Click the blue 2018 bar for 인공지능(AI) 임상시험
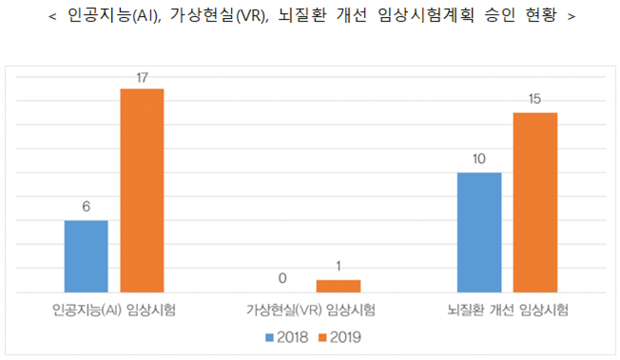tap(86, 256)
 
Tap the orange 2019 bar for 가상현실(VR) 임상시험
tap(338, 286)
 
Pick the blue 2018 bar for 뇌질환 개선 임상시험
tap(479, 232)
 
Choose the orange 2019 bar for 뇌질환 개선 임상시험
tap(535, 202)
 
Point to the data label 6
tap(86, 207)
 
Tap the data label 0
tap(283, 279)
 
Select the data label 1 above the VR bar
tap(338, 267)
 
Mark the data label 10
tap(479, 159)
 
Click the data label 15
tap(535, 99)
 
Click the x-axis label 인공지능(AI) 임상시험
tap(114, 310)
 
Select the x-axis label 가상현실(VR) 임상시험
tap(311, 310)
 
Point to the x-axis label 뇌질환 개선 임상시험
tap(507, 310)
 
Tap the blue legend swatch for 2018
tap(270, 338)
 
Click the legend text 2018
tap(292, 338)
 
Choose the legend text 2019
tap(345, 338)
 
